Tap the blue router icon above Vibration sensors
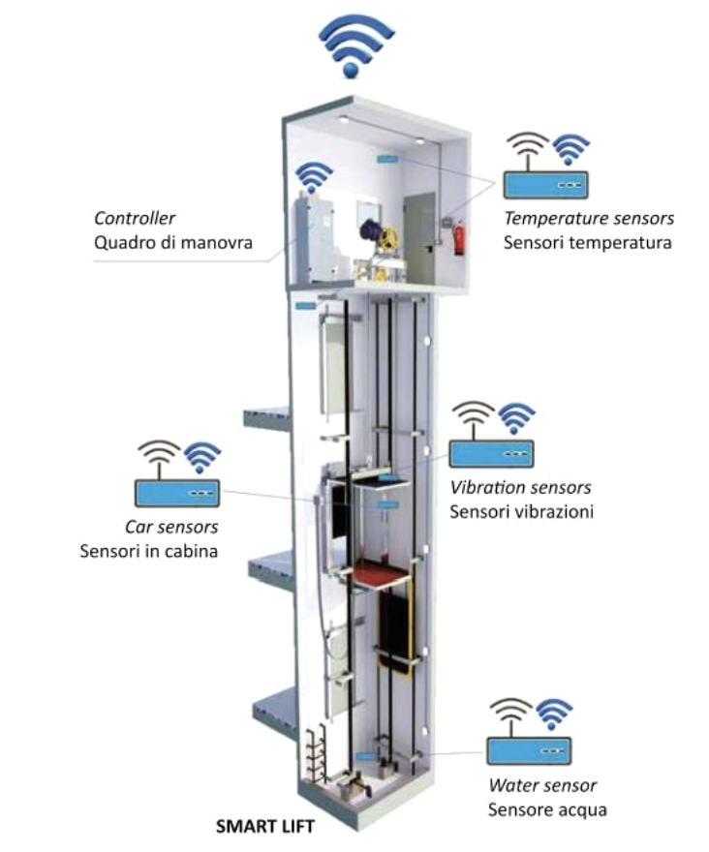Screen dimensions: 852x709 (492, 453)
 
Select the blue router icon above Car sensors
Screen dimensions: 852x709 (176, 493)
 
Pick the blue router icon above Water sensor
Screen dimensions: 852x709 (529, 749)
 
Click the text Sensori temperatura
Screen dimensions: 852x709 (587, 242)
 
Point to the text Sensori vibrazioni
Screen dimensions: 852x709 (521, 510)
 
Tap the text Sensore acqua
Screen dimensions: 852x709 (547, 808)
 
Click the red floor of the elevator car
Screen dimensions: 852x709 (381, 579)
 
